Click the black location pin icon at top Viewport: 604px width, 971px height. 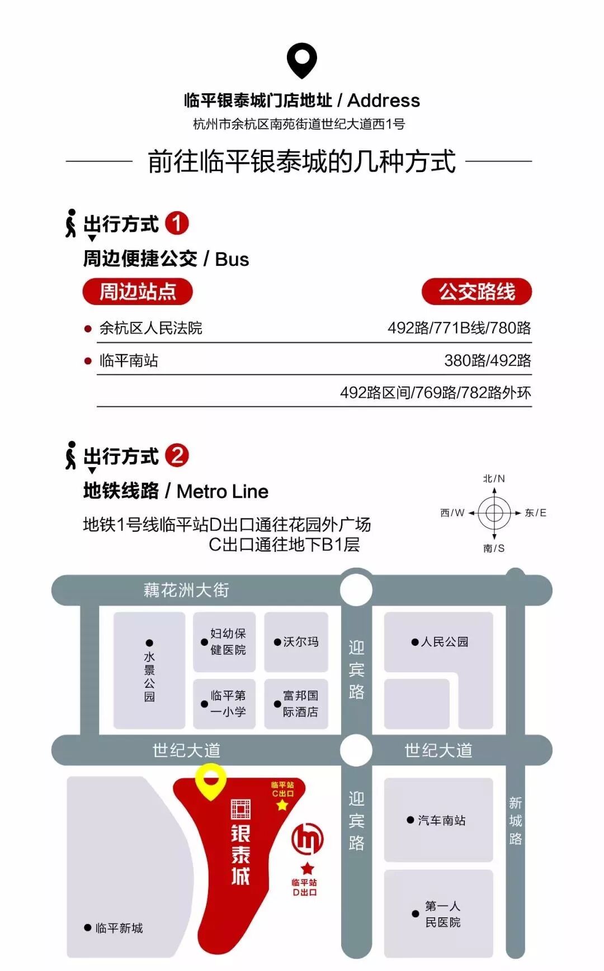pos(301,60)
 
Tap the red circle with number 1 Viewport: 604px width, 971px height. pos(177,223)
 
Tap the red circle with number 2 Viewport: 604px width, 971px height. pos(177,455)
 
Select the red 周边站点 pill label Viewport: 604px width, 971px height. pos(138,292)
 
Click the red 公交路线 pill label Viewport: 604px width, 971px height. pos(476,292)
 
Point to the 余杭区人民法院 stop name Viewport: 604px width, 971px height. pos(150,328)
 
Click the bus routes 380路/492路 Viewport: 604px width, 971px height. pos(487,360)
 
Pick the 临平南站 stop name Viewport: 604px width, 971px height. pos(129,360)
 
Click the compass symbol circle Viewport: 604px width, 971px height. pos(494,512)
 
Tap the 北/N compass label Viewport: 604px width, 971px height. pos(494,479)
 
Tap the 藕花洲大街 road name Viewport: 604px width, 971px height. pos(186,590)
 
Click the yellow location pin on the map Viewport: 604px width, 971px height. pos(210,780)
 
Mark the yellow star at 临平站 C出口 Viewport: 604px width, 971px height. pos(282,805)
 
